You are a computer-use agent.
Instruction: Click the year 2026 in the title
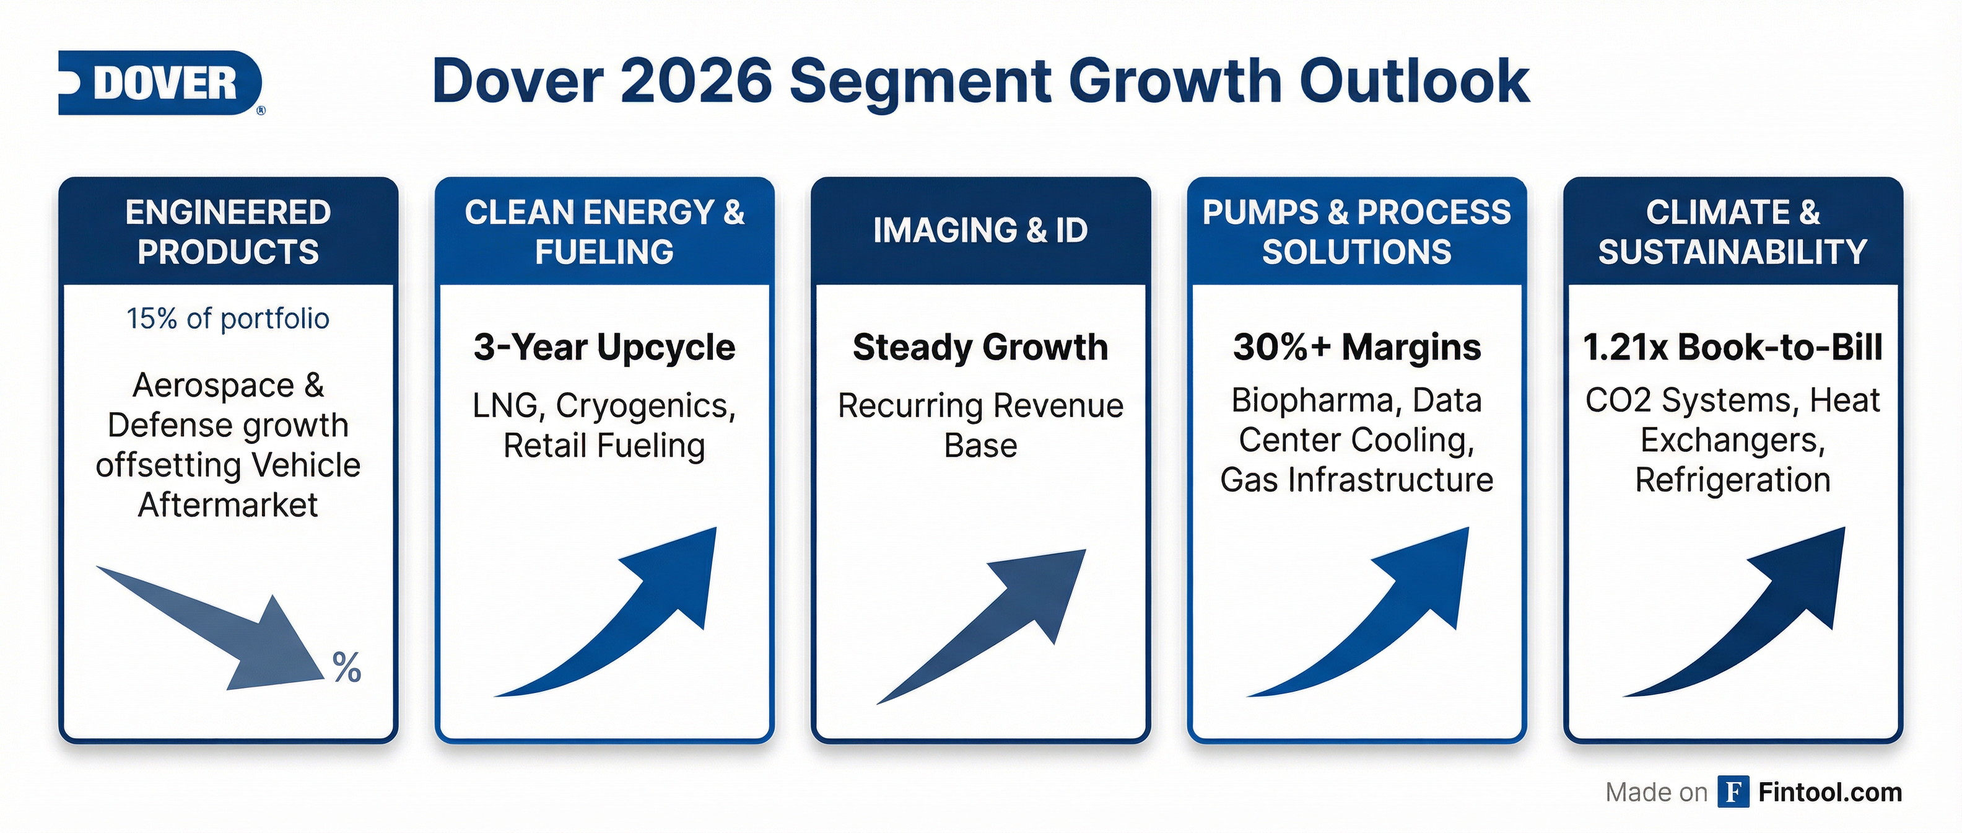[696, 82]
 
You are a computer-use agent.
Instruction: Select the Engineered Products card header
[228, 232]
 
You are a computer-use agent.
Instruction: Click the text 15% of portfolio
[228, 319]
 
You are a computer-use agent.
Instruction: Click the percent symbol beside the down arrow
[347, 668]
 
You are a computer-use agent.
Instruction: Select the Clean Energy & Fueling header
[604, 232]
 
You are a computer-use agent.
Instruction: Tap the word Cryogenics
[646, 405]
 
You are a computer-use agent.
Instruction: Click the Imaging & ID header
[980, 230]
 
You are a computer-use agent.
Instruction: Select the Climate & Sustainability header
[1733, 232]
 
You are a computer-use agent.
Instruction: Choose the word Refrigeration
[1733, 480]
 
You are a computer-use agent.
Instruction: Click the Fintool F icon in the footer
[1733, 792]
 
